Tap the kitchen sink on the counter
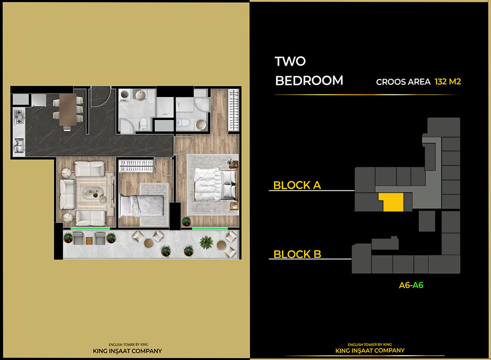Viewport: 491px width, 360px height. (x=19, y=144)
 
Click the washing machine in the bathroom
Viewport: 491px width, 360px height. (x=125, y=95)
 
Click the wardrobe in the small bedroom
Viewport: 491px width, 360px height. (x=136, y=166)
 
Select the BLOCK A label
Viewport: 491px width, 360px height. (x=297, y=185)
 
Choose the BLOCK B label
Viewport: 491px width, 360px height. (x=297, y=254)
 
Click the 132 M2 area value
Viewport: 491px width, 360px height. (x=447, y=81)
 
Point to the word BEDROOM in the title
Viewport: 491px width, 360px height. (x=309, y=81)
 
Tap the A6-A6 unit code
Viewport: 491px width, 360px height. (x=411, y=285)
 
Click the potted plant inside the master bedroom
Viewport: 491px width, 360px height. (x=186, y=221)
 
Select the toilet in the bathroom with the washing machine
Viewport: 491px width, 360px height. (x=143, y=124)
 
